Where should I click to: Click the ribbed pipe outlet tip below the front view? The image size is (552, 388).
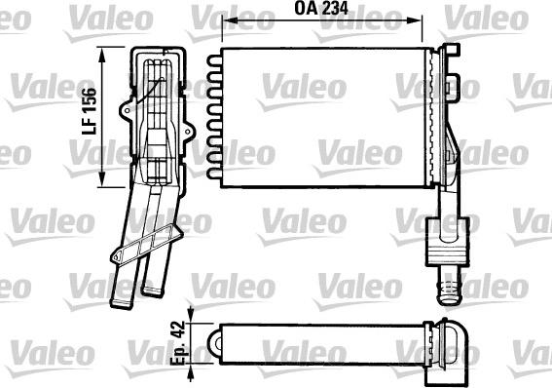point(449,291)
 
